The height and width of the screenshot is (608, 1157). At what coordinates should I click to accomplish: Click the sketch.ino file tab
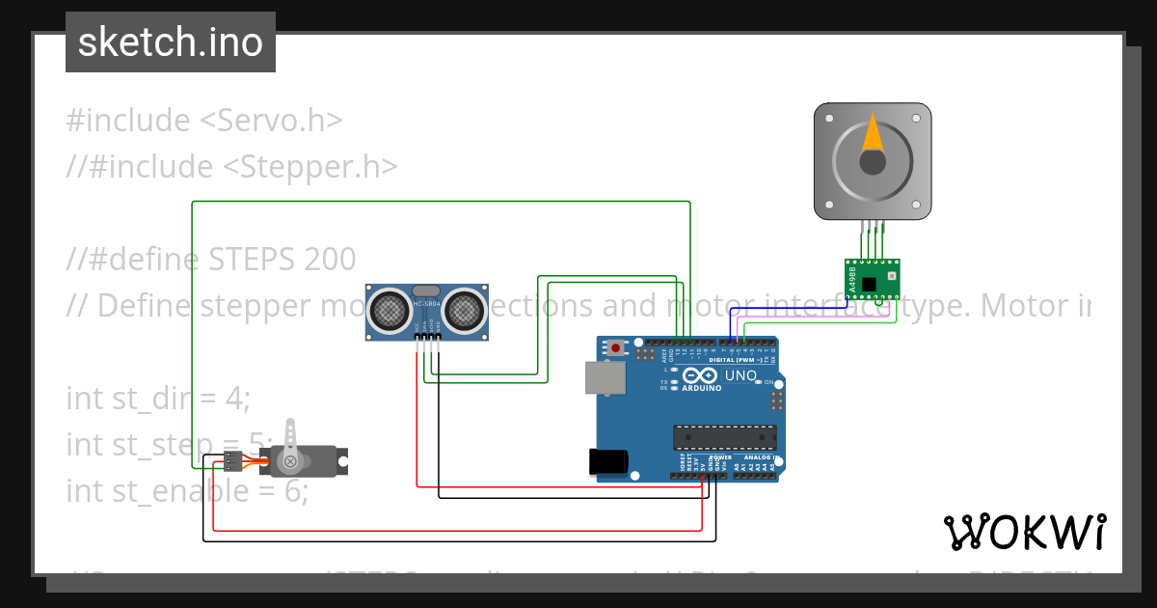pos(170,42)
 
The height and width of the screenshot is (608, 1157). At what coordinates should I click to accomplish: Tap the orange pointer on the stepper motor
pos(872,134)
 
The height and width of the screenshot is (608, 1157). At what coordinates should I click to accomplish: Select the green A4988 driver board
pos(872,279)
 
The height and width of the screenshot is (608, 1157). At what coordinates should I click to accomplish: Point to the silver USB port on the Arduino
pos(605,378)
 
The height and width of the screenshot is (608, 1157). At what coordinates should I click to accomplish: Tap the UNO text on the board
pos(740,375)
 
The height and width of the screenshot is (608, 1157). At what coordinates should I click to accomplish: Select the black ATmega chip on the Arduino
pos(723,437)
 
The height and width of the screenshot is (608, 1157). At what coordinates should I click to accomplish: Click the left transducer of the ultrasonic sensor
pos(390,309)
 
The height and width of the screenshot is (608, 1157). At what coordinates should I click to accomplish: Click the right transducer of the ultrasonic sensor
pos(463,309)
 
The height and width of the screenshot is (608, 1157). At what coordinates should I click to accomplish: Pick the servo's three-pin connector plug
pos(231,460)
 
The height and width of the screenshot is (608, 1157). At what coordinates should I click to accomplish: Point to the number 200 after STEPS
pos(328,259)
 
